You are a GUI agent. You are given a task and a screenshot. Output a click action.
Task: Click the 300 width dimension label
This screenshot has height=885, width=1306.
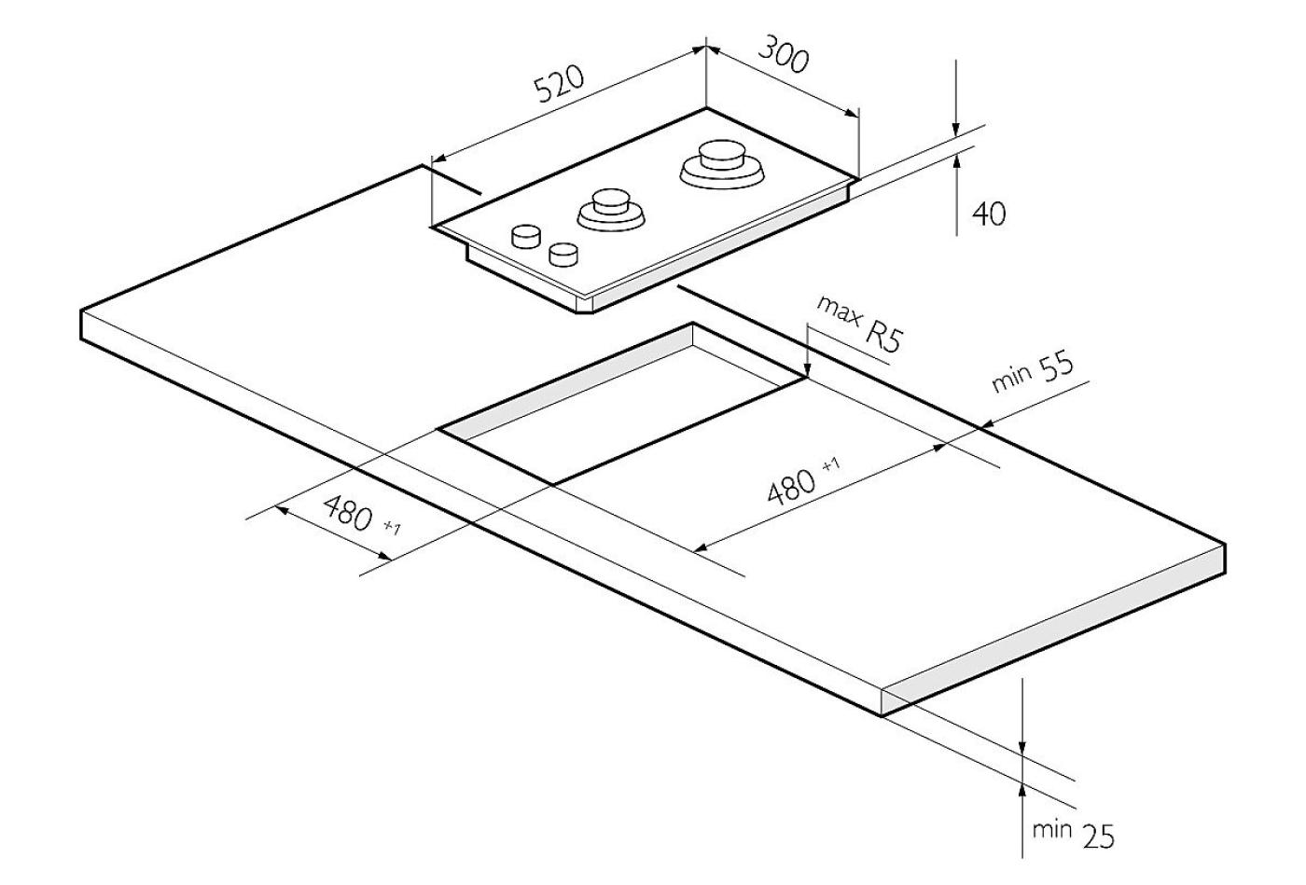[784, 54]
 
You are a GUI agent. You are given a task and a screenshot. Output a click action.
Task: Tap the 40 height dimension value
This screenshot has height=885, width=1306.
[989, 214]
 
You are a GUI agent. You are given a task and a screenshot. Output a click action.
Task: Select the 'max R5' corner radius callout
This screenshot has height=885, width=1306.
[860, 325]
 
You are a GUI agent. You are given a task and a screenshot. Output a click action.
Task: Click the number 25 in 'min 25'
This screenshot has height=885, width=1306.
[1099, 837]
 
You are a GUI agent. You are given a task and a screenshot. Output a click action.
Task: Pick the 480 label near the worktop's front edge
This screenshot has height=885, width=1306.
[349, 513]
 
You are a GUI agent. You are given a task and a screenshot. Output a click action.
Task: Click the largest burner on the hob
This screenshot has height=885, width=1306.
[722, 164]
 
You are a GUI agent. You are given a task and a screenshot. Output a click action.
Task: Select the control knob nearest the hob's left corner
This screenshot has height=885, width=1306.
[526, 236]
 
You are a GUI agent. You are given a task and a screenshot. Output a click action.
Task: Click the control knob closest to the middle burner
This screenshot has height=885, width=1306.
[563, 255]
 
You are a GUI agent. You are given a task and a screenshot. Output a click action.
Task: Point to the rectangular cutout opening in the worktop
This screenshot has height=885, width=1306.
[622, 403]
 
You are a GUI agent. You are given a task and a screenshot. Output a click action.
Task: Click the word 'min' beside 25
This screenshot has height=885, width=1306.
[1052, 829]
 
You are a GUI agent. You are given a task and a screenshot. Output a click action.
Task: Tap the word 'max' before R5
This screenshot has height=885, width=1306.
[839, 311]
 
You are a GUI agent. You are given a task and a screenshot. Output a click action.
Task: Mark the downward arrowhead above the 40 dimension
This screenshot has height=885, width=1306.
[956, 130]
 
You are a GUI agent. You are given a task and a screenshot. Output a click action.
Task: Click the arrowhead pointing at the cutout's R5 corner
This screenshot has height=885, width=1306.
[807, 369]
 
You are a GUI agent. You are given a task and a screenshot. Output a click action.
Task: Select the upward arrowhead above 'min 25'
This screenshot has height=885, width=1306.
[1021, 792]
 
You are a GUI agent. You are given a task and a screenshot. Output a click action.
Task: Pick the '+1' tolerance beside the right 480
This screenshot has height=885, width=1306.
[831, 465]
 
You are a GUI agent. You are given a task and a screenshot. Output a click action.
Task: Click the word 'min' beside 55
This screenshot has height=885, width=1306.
[1011, 379]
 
